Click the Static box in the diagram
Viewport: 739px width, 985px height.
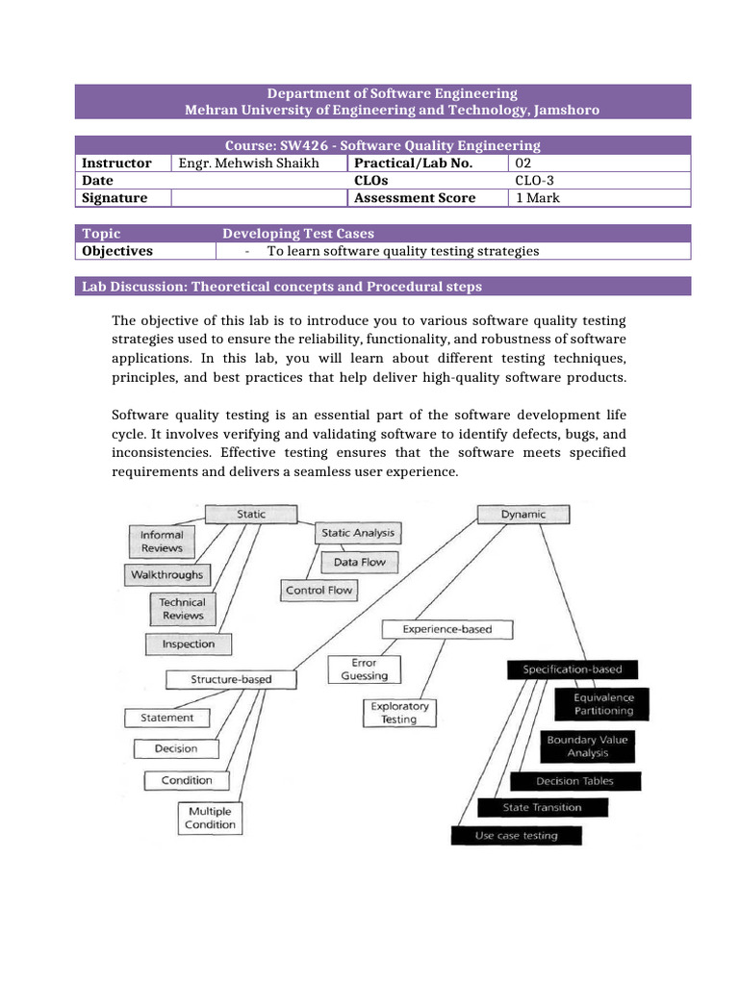pyautogui.click(x=251, y=515)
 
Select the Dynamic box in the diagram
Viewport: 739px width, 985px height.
pyautogui.click(x=522, y=515)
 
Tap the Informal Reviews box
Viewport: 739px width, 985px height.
pyautogui.click(x=161, y=542)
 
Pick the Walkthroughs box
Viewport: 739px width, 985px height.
pyautogui.click(x=166, y=575)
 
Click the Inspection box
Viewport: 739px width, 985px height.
pyautogui.click(x=189, y=644)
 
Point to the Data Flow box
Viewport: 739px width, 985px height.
pyautogui.click(x=359, y=562)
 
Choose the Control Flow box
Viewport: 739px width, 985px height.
pyautogui.click(x=319, y=591)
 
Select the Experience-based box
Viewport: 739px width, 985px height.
pyautogui.click(x=446, y=629)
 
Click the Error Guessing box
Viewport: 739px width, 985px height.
pyautogui.click(x=364, y=669)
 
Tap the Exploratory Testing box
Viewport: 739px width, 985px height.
pyautogui.click(x=398, y=713)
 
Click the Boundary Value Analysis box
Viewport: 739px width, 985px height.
pyautogui.click(x=587, y=746)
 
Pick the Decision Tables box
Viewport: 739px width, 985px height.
pyautogui.click(x=574, y=781)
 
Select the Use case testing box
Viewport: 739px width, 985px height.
pyautogui.click(x=516, y=836)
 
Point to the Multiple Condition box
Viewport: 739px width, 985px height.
pyautogui.click(x=210, y=818)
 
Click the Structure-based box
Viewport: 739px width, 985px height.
pyautogui.click(x=230, y=679)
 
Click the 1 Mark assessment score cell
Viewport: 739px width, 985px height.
pyautogui.click(x=538, y=198)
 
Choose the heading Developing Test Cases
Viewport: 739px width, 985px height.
pyautogui.click(x=298, y=234)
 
